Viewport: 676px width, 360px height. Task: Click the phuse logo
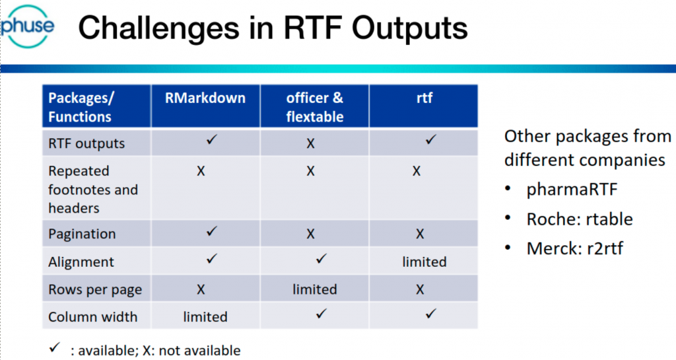tap(28, 26)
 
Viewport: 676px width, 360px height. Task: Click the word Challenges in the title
tap(158, 28)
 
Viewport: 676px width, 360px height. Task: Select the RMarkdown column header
tap(205, 98)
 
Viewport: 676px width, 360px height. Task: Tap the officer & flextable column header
tap(315, 107)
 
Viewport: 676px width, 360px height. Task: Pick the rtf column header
tap(424, 98)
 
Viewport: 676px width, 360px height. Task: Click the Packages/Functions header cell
tap(81, 107)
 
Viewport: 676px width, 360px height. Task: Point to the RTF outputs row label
tap(86, 143)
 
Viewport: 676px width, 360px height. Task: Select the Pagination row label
tap(82, 234)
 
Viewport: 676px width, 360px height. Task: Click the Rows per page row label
tap(95, 290)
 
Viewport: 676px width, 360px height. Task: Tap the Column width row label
tap(92, 317)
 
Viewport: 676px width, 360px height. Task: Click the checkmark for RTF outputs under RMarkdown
tap(212, 139)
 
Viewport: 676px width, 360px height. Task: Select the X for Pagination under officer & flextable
tap(310, 234)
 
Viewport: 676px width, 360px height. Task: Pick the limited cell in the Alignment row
tap(424, 262)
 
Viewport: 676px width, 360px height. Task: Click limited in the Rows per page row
tap(315, 289)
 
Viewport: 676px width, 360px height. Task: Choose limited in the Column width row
tap(205, 317)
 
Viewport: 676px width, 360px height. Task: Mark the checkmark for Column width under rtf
tap(430, 314)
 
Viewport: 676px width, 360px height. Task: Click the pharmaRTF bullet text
tap(572, 190)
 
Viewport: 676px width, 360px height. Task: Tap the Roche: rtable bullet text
tap(580, 219)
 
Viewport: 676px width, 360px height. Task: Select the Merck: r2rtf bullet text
tap(575, 248)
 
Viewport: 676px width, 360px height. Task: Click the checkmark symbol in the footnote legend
tap(54, 347)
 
